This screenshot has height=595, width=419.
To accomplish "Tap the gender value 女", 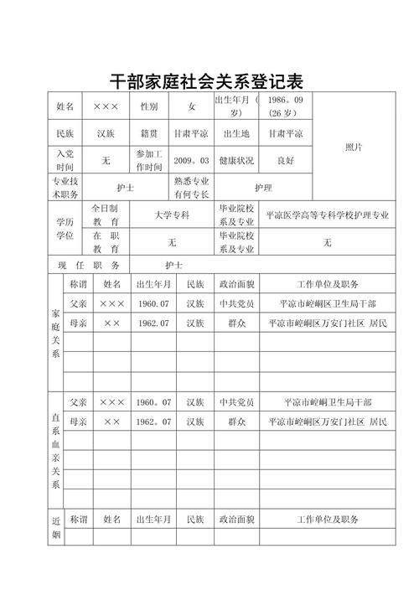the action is pyautogui.click(x=191, y=106).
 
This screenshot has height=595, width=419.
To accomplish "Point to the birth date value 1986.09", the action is pyautogui.click(x=286, y=101).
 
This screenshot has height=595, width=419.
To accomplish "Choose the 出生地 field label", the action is pyautogui.click(x=235, y=133).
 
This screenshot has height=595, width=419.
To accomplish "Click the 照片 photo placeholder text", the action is pyautogui.click(x=354, y=147).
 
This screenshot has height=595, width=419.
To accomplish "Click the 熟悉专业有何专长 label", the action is pyautogui.click(x=191, y=187).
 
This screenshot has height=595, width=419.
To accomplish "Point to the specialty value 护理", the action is pyautogui.click(x=262, y=188).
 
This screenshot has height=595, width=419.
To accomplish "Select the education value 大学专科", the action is pyautogui.click(x=172, y=215).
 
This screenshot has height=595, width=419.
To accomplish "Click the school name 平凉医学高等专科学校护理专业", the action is pyautogui.click(x=328, y=215).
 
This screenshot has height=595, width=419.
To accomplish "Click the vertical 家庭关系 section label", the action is pyautogui.click(x=55, y=333).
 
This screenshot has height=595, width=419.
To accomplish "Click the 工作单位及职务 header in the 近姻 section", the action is pyautogui.click(x=328, y=520).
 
